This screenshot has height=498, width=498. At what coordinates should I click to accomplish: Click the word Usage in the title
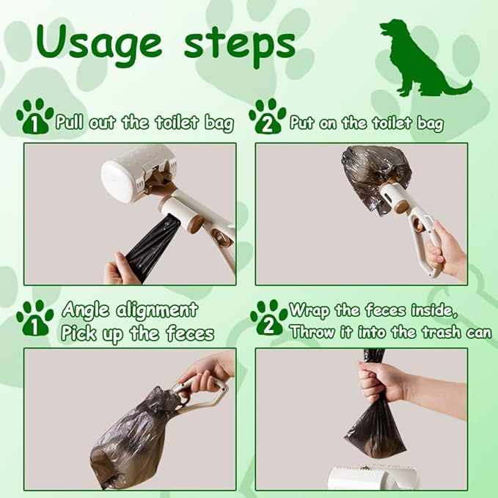(x=98, y=43)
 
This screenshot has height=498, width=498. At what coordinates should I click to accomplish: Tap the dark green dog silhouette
(x=422, y=59)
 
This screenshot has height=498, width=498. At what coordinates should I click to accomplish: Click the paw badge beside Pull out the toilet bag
(x=35, y=116)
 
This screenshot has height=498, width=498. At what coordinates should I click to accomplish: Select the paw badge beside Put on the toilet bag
(x=268, y=116)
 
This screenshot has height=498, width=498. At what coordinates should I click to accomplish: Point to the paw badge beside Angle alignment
(x=35, y=318)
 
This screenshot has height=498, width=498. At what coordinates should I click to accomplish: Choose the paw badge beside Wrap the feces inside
(x=268, y=318)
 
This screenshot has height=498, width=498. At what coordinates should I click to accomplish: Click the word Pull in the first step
(x=70, y=122)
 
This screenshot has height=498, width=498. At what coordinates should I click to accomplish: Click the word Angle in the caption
(x=85, y=310)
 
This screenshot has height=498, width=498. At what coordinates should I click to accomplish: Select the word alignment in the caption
(x=157, y=309)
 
